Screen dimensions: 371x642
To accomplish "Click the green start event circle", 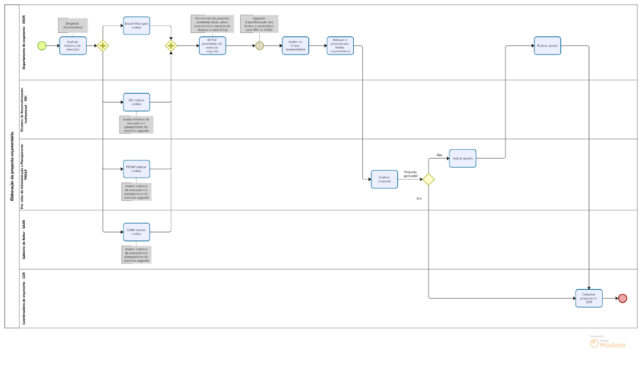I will [x=42, y=46].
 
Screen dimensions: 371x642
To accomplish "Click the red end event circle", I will [x=622, y=298].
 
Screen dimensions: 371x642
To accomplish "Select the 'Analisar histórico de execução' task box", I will [x=72, y=46].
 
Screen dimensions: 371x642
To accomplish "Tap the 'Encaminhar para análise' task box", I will [x=136, y=26].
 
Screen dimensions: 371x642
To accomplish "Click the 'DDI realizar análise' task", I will [x=136, y=102].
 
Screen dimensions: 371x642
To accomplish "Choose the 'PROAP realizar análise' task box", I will [x=136, y=169].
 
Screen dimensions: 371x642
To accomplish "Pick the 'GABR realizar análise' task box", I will [x=136, y=232].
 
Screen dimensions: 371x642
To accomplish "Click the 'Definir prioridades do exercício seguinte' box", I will [x=213, y=46].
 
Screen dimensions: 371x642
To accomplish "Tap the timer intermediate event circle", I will [x=259, y=46].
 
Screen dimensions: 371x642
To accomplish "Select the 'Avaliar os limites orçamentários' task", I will [x=295, y=46].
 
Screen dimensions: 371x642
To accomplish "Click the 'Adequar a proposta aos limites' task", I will [x=339, y=46].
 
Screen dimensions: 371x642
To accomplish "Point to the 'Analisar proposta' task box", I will [x=384, y=179].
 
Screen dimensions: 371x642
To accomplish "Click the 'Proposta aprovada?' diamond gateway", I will [x=429, y=179].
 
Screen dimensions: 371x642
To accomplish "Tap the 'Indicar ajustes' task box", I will [x=462, y=158].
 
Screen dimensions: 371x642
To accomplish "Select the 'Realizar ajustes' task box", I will [x=547, y=46].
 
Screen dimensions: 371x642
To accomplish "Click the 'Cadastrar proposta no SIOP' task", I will [x=589, y=298].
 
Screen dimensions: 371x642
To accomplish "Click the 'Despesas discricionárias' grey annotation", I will [x=73, y=26].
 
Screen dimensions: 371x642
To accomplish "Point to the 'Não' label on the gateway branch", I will [x=440, y=155].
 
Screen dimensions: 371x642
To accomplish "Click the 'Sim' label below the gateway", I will [x=419, y=198].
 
